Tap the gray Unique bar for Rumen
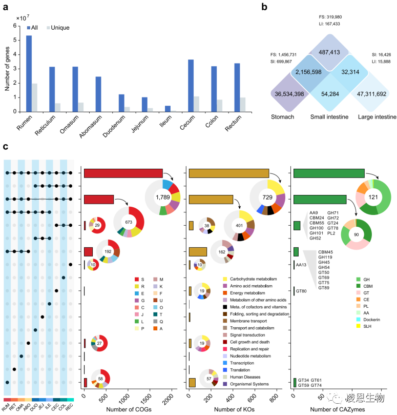pos(34,97)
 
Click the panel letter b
pos(264,7)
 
